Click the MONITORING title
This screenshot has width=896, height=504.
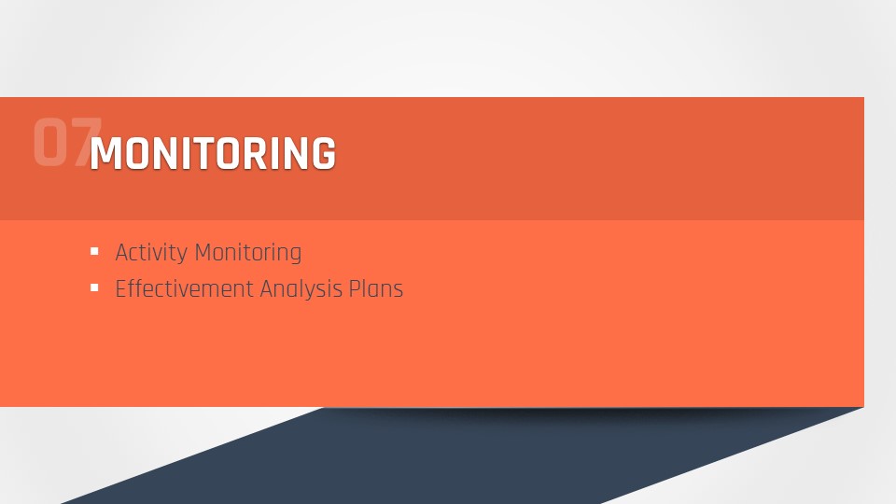click(213, 153)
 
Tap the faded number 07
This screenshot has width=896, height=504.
click(67, 142)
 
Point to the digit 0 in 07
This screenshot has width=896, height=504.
click(50, 142)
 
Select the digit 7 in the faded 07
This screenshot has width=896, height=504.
click(86, 142)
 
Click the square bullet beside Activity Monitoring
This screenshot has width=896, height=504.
click(94, 251)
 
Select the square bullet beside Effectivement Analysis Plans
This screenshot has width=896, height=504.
click(94, 287)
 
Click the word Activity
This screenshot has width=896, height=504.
click(151, 253)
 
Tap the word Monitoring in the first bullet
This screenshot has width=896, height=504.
click(248, 253)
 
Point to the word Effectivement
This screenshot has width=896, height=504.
click(184, 288)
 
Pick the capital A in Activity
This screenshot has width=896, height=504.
click(121, 253)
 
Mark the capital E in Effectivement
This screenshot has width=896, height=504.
click(120, 288)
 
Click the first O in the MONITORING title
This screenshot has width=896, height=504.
click(138, 153)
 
